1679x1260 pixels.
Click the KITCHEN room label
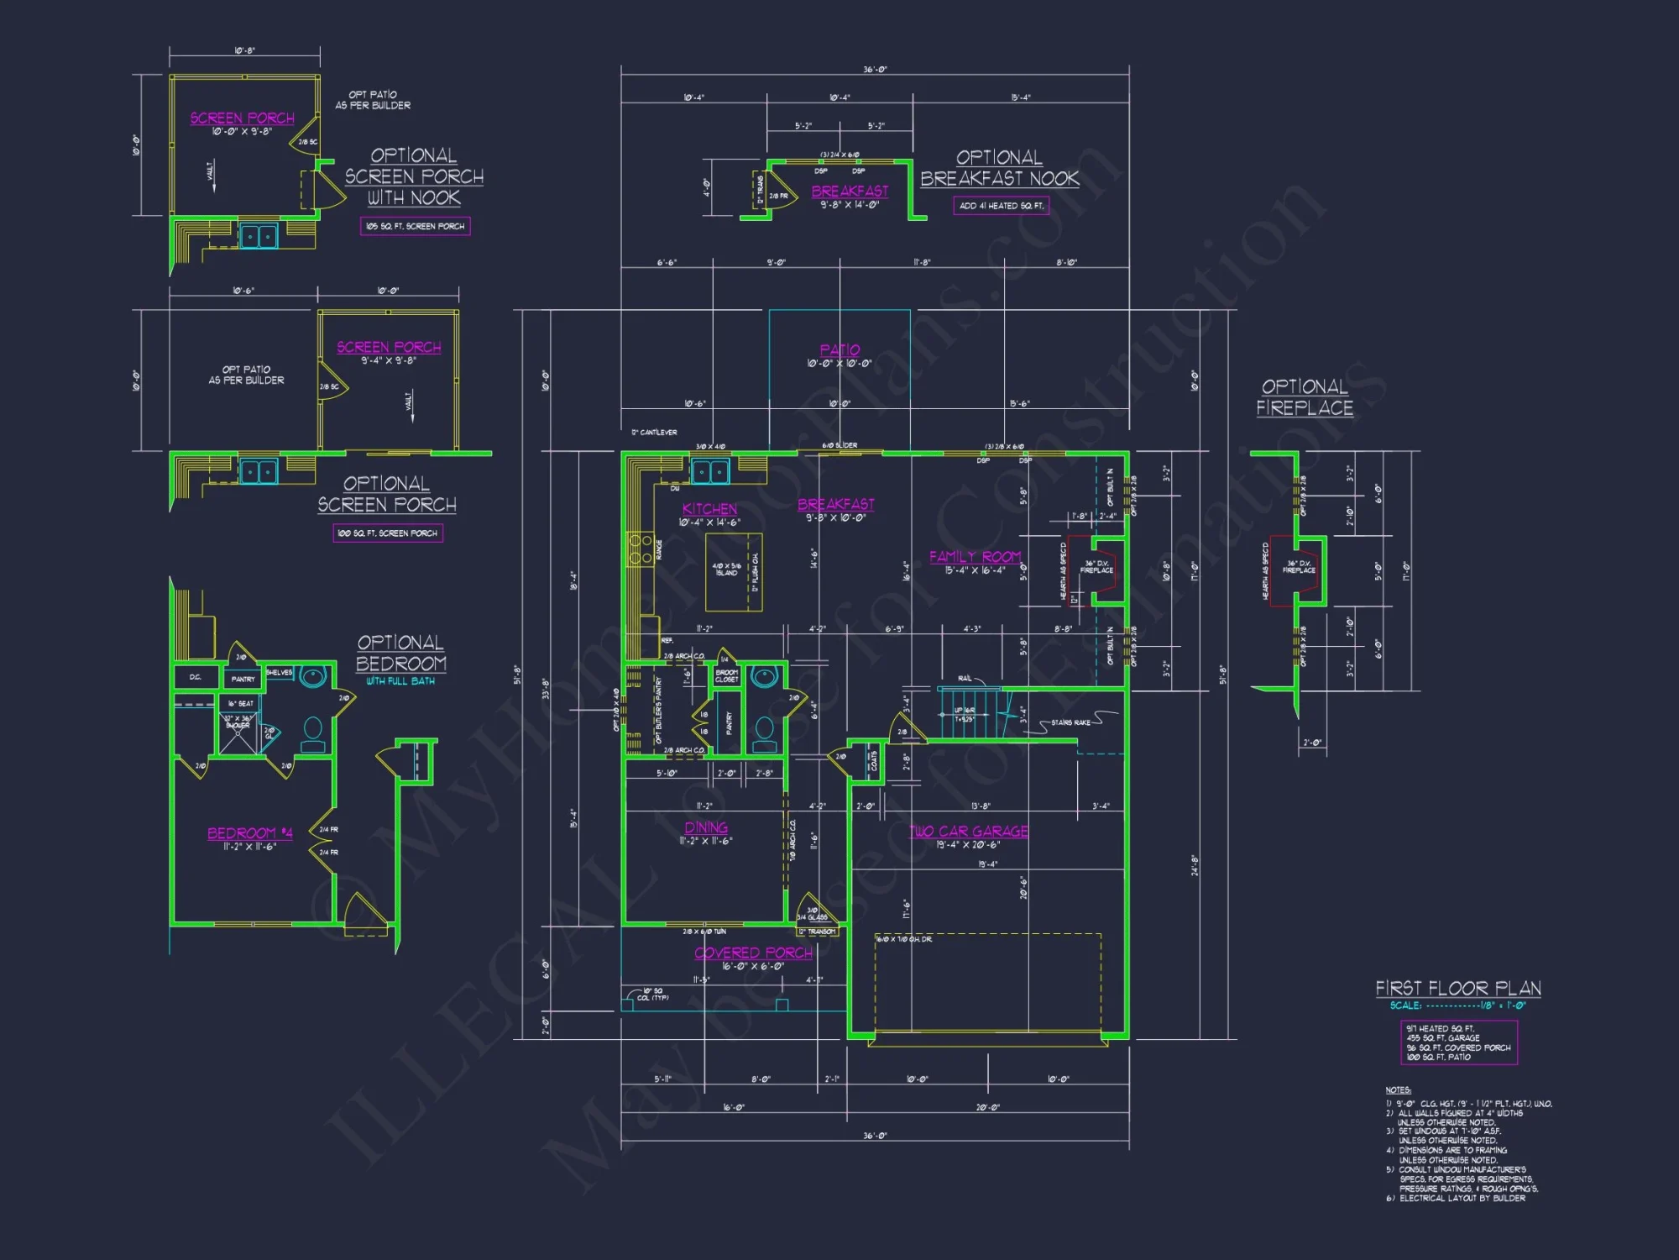pos(709,509)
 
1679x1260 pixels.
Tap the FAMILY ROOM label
pos(975,557)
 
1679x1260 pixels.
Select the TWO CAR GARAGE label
pos(968,831)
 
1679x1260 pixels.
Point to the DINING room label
pos(706,827)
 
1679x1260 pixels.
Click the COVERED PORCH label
pos(753,953)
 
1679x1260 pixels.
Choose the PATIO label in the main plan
pos(839,349)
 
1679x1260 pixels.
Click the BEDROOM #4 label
pos(249,832)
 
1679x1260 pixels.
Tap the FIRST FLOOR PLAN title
pos(1457,988)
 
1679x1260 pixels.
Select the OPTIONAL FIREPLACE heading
pos(1305,397)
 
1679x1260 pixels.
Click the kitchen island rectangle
pos(733,572)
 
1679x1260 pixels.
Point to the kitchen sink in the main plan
pos(710,472)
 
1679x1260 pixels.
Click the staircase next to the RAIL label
pos(970,712)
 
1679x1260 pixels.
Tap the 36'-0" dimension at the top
pos(875,70)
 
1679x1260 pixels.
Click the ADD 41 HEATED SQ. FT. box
pos(1001,206)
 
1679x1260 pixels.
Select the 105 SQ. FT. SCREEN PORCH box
pos(415,226)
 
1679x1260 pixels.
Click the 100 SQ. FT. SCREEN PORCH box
pos(387,533)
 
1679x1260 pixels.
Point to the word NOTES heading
pos(1398,1090)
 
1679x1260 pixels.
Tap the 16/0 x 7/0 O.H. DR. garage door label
pos(903,939)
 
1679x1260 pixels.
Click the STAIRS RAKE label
pos(1070,722)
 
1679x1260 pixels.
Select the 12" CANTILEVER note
pos(654,433)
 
